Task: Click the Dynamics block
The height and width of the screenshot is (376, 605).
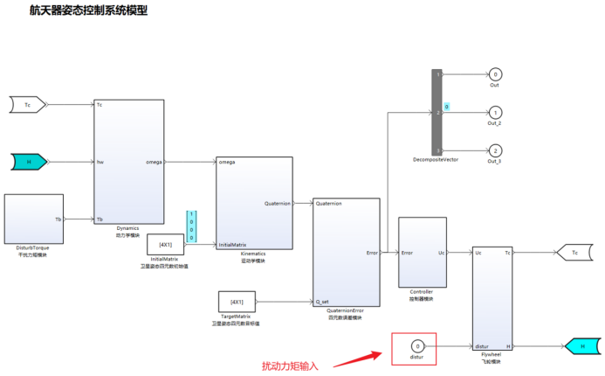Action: pos(129,161)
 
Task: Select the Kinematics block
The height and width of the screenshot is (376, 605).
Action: pos(253,203)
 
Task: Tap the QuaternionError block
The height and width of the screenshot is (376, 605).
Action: pos(346,253)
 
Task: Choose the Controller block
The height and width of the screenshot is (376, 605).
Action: pos(423,252)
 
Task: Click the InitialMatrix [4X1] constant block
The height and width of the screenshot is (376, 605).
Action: pos(165,244)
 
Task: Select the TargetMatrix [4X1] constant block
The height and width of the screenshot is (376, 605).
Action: pos(236,302)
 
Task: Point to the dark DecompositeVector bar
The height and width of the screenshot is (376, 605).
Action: pos(437,112)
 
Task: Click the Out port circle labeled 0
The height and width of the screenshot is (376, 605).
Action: pos(495,74)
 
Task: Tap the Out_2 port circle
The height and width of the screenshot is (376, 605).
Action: pos(495,113)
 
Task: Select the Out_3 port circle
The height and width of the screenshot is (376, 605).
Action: pos(495,150)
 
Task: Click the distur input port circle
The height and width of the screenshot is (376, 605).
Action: pos(417,347)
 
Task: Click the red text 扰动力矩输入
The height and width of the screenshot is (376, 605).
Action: pos(291,366)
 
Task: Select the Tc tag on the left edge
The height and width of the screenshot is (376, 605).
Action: pos(27,105)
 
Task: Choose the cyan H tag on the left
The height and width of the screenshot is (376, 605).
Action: pos(29,161)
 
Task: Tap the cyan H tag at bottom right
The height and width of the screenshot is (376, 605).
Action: pos(581,346)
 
